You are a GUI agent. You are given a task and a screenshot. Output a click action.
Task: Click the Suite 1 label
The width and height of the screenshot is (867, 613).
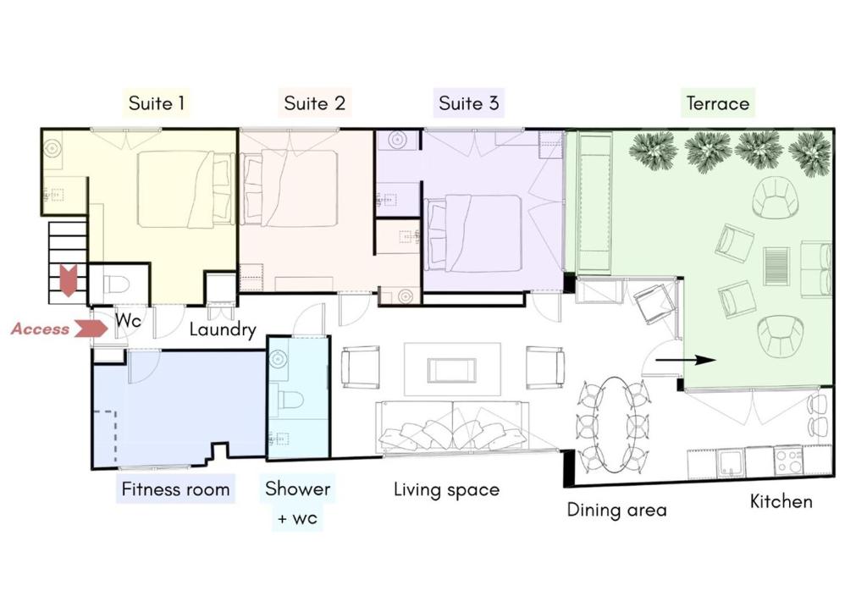tap(157, 103)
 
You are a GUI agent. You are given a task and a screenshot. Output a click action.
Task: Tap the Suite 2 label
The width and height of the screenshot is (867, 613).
tap(314, 103)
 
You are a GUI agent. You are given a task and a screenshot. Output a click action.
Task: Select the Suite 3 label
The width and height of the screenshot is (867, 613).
tap(469, 103)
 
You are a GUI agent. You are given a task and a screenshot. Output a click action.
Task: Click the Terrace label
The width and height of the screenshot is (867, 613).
tap(718, 103)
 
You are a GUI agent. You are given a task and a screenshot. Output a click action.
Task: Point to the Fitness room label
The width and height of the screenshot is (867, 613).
tap(175, 489)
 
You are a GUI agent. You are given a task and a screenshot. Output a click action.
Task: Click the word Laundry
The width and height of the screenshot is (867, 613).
tap(223, 330)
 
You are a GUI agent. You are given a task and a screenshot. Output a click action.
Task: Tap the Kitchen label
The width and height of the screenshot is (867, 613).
tap(781, 501)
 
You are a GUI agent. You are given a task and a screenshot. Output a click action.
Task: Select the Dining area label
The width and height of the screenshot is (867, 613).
tap(616, 510)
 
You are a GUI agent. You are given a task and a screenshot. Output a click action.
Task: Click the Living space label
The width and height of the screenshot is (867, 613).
tap(447, 489)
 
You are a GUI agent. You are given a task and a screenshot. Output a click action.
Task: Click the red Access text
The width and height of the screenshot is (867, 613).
tap(41, 329)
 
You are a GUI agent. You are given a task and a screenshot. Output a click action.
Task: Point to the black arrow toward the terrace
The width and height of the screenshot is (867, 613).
tap(686, 361)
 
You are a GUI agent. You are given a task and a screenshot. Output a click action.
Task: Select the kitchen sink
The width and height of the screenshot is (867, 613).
tap(731, 462)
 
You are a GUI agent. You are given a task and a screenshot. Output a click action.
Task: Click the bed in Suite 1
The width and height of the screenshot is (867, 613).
tap(185, 189)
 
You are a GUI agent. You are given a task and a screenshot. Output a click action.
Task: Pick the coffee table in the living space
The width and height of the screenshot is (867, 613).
tap(451, 370)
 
